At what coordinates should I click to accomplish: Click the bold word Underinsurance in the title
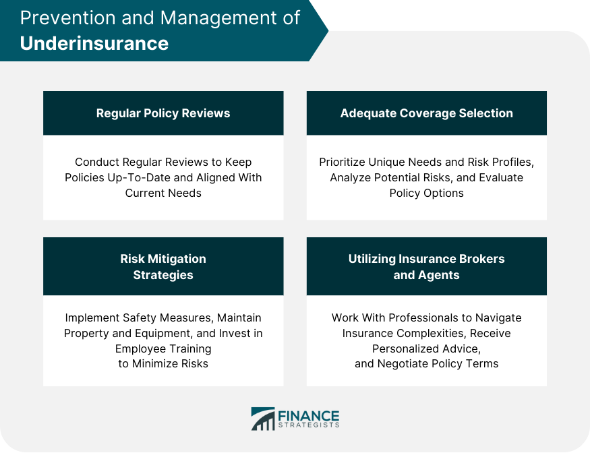94,43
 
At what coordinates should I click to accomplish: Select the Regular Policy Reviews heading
163,113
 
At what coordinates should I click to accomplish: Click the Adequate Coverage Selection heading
426,113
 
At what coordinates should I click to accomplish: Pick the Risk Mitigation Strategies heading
163,266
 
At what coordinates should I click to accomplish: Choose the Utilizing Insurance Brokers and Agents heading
426,266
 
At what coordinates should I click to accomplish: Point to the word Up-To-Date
147,177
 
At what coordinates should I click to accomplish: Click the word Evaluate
500,177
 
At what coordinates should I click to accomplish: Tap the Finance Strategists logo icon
263,419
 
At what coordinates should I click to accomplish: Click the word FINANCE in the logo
308,415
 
